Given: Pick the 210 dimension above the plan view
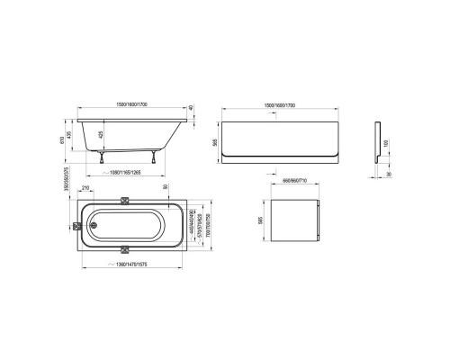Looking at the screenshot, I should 85,188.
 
